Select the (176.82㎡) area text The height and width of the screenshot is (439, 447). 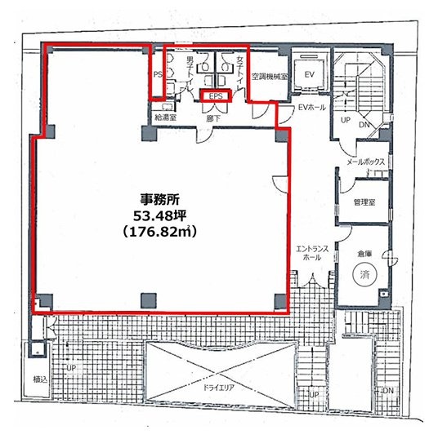pos(160,233)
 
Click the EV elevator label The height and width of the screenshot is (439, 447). pos(310,74)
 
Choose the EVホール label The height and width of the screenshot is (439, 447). pos(312,108)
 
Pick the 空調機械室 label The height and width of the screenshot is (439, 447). pos(267,77)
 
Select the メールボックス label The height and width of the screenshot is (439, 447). pos(365,162)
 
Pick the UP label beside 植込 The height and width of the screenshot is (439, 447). pos(71,368)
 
